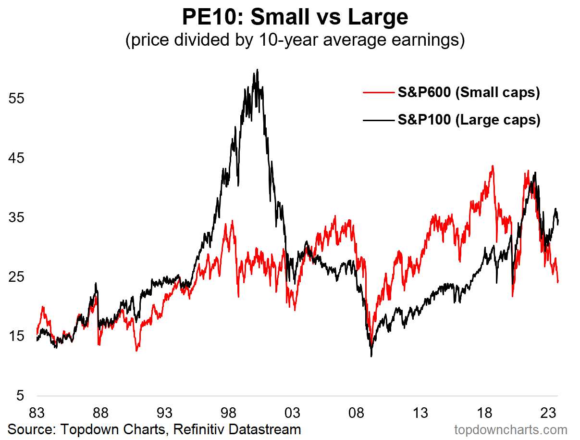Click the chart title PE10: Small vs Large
coord(295,18)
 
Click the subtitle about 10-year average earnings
coord(295,40)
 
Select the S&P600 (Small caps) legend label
coord(469,92)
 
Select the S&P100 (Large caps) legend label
coord(469,119)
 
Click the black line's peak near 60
coord(258,70)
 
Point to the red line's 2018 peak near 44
coord(493,166)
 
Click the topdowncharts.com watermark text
coord(510,429)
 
